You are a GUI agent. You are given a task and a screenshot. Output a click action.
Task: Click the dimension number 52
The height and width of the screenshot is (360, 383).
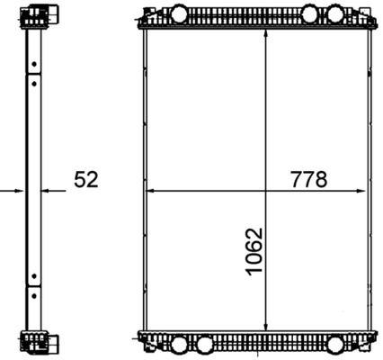[x=86, y=180]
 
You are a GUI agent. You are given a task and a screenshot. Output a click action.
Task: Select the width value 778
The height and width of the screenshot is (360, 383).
[x=308, y=179]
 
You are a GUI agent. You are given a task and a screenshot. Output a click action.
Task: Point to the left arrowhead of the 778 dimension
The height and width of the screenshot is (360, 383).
[x=149, y=191]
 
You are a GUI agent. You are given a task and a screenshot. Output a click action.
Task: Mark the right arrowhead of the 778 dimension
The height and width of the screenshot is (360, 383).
[x=364, y=191]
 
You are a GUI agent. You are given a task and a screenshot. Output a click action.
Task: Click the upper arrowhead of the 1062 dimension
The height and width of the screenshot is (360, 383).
[x=264, y=33]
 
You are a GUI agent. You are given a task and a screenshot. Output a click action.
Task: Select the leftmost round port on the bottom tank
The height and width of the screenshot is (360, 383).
[x=177, y=345]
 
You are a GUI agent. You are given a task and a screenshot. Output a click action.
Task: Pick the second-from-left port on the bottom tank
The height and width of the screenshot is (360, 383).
[x=205, y=345]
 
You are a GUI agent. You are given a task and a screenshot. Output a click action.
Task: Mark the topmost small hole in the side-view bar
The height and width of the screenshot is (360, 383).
[x=35, y=64]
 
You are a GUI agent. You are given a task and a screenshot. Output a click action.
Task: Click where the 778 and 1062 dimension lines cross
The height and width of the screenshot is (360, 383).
[x=264, y=191]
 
